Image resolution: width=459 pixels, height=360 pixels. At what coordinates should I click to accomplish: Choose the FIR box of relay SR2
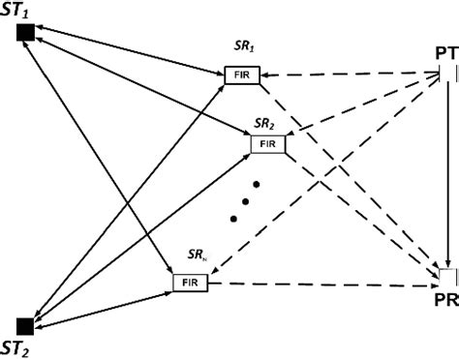(x=268, y=144)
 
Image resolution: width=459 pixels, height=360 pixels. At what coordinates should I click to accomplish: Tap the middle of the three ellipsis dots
(x=246, y=202)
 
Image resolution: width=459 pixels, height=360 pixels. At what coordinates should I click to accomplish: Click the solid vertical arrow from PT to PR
(x=446, y=174)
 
